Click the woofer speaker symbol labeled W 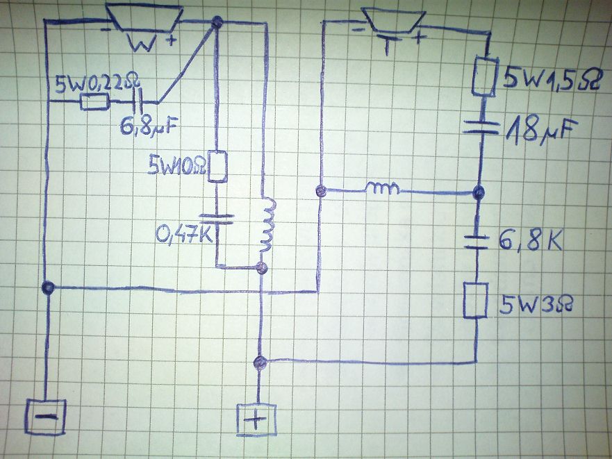pos(144,17)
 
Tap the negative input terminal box pos(45,417)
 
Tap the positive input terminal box pos(256,419)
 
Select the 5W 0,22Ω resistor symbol pos(94,102)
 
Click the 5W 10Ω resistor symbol pos(217,166)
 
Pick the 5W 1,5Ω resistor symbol pos(485,76)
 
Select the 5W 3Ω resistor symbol pos(476,300)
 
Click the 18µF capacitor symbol pos(481,128)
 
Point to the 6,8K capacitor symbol pos(477,242)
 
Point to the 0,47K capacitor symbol pos(217,219)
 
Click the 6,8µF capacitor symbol pos(138,102)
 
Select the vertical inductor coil pos(267,225)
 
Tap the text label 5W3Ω pos(536,304)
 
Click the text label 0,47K pos(184,234)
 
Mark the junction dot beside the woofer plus pos(217,23)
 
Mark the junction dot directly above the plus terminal pos(260,362)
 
